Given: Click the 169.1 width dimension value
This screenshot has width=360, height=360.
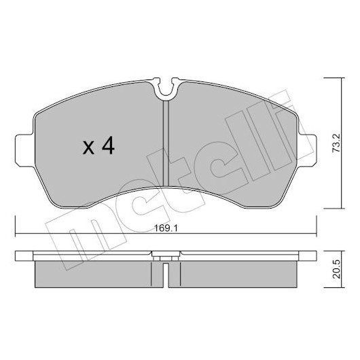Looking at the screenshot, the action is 166,228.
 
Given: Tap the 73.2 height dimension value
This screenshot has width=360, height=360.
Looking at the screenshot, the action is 337,143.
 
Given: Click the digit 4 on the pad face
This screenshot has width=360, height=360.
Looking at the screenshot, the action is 108,145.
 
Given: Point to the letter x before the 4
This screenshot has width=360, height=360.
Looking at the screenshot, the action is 88,147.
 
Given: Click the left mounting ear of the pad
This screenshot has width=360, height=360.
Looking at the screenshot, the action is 24,150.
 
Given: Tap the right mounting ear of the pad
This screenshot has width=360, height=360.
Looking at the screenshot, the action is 308,150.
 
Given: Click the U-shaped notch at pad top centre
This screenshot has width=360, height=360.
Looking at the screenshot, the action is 166,88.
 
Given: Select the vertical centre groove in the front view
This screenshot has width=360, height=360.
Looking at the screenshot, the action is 166,144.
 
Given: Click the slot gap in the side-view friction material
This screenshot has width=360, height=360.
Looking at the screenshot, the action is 166,276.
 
